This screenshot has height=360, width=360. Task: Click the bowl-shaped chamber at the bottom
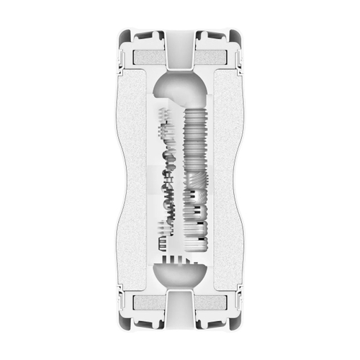(180, 276)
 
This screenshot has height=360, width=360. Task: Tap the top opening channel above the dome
(180, 50)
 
